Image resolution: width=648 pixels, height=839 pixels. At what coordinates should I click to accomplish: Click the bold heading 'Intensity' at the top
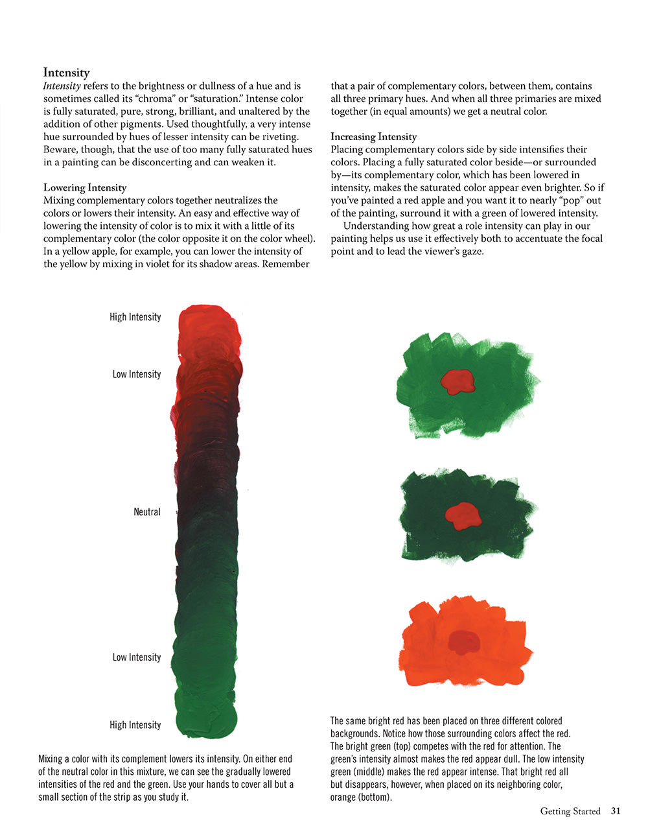pos(66,73)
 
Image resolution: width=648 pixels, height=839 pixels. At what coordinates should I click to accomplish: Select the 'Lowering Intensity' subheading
pos(85,187)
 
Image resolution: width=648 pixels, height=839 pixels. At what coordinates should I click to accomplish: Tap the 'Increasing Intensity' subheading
pos(373,136)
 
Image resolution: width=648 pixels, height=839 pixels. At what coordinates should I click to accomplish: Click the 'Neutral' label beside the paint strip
pos(147,512)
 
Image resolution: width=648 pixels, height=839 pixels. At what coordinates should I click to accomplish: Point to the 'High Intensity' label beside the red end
pos(135,316)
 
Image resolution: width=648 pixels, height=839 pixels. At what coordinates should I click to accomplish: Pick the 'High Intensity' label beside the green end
pos(135,724)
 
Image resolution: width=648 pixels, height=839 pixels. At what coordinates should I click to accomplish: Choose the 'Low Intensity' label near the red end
pos(136,374)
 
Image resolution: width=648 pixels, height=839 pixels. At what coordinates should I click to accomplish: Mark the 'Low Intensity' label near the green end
pos(136,657)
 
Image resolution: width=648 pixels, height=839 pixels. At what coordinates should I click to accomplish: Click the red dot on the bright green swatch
pos(458,381)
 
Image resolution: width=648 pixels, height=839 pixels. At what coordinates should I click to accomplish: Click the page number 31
pos(616,811)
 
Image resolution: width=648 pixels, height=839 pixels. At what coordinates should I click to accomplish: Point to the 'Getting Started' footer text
pos(570,811)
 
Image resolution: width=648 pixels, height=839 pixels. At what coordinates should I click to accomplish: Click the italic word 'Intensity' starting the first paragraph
pos(62,86)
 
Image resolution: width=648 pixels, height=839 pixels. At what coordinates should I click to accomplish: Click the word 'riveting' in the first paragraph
pos(281,137)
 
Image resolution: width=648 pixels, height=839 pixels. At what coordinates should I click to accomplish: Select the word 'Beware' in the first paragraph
pos(61,150)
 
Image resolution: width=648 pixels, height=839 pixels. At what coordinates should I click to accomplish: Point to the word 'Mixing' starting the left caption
pos(50,759)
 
